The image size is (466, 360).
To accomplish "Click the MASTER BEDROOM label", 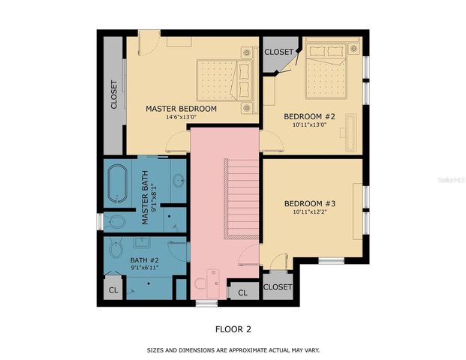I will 181,109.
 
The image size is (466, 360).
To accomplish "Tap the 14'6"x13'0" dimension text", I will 181,117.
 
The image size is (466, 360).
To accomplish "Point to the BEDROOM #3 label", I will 309,204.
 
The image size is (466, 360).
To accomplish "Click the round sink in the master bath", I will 179,180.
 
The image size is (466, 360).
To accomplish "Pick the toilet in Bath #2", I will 116,248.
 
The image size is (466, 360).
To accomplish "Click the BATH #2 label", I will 145,259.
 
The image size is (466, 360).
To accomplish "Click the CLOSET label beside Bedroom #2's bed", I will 278,52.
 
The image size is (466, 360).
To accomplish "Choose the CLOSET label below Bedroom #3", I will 278,287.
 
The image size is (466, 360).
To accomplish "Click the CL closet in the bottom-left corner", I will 113,289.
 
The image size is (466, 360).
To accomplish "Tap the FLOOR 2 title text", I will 233,328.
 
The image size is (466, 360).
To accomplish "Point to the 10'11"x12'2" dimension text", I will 309,213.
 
